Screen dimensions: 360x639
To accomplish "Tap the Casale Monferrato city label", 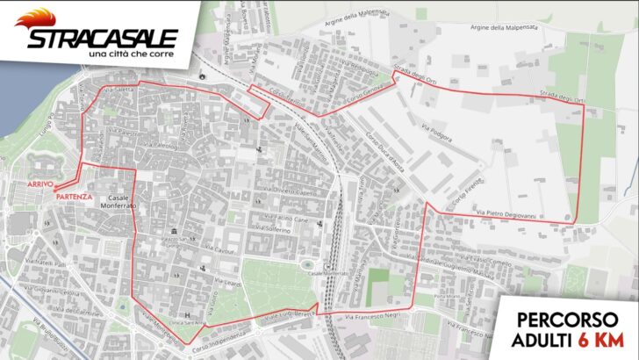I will pos(118,205).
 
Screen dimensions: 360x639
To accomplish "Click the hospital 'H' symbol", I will pos(187,314).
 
